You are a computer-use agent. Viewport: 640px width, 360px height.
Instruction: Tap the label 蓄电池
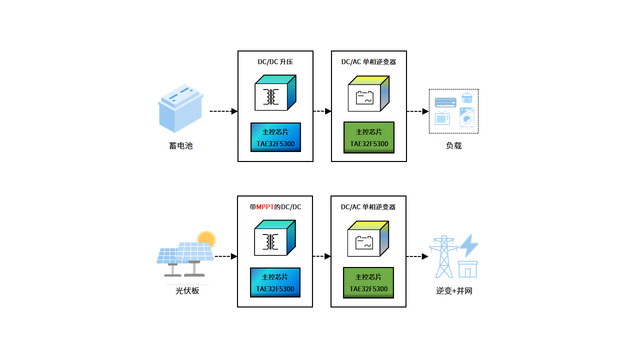point(180,146)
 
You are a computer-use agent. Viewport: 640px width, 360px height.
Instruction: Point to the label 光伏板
point(187,290)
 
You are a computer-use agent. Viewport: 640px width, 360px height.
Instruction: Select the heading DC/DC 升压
point(275,62)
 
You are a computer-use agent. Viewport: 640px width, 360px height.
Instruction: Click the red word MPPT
point(265,207)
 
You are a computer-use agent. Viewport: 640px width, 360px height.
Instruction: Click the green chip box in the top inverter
point(369,137)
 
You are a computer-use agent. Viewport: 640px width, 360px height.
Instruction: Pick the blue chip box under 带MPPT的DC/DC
point(275,282)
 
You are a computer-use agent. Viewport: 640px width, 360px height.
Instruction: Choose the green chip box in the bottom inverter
point(368,282)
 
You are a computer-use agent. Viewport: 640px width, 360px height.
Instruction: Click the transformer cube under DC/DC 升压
point(275,93)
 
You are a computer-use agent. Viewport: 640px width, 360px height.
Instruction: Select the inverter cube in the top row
point(368,93)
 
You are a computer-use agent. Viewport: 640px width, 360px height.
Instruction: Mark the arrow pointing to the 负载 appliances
point(417,111)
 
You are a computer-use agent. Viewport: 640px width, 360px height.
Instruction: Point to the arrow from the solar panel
point(226,256)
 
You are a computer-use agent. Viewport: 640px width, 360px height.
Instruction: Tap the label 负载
point(453,146)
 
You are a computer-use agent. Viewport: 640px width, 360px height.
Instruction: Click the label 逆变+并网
point(454,290)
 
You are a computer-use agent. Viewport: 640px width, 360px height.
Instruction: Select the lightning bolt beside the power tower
point(468,245)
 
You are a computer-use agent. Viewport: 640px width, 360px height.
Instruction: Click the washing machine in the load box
point(467,118)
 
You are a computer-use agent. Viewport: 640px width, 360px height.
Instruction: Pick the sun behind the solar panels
point(206,238)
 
